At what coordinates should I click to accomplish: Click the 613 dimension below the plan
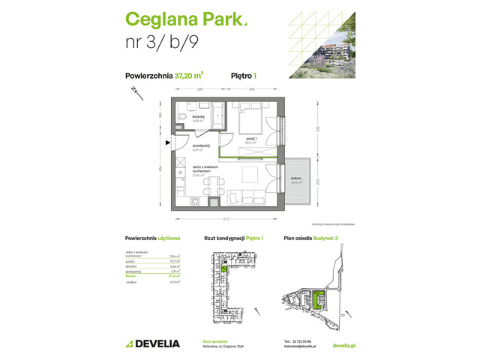[227, 218]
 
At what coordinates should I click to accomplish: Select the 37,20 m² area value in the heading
[190, 74]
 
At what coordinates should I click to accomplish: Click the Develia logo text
[153, 343]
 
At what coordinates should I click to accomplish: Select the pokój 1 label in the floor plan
[252, 138]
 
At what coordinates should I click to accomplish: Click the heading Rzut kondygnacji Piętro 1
[234, 238]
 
